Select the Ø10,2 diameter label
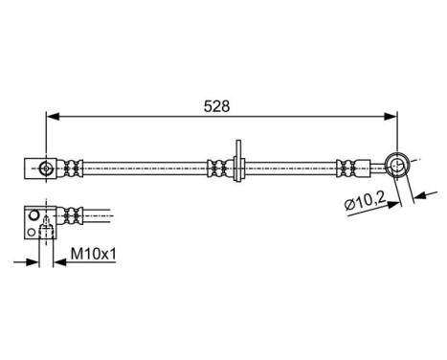[367, 203]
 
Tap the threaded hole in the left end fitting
[46, 169]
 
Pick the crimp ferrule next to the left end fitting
[73, 169]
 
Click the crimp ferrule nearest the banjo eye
[358, 168]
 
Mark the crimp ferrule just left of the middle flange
[216, 169]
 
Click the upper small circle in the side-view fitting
[34, 215]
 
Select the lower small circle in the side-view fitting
[34, 231]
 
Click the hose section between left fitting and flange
[144, 169]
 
